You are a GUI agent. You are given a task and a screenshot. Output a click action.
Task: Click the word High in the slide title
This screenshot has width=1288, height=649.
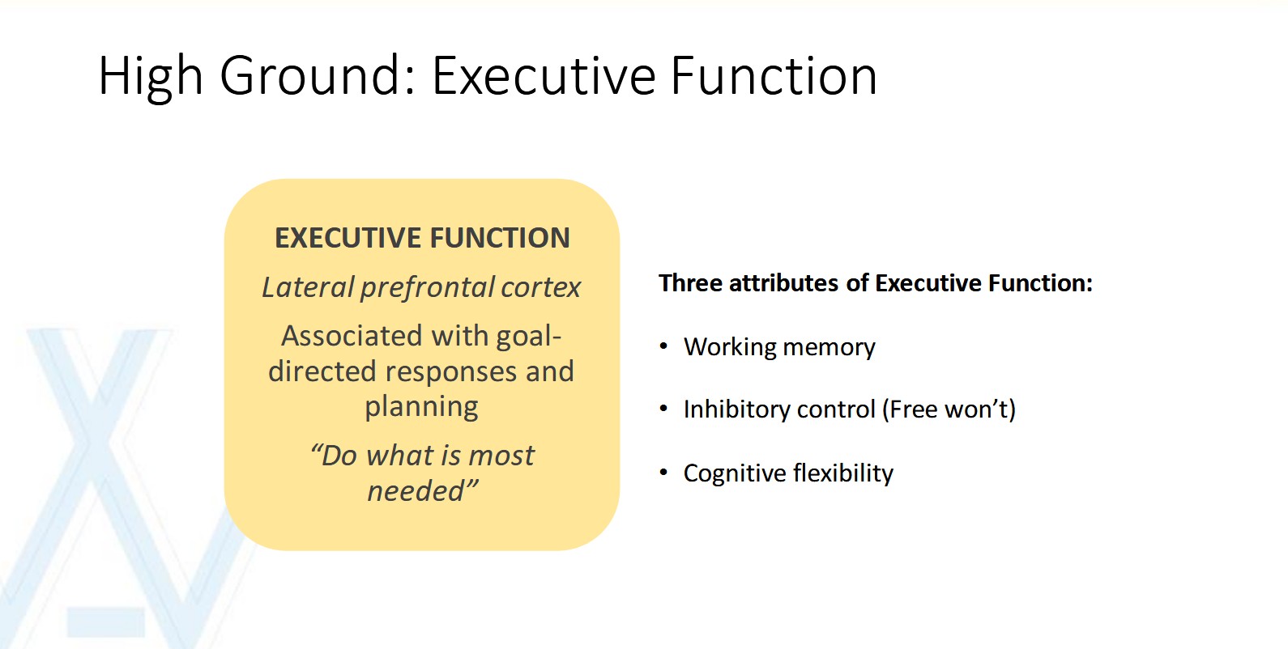tap(150, 77)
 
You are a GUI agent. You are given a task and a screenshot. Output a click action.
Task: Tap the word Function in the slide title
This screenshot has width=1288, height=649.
tap(774, 77)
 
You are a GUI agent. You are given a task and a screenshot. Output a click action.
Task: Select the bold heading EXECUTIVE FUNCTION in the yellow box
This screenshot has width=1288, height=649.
tap(422, 238)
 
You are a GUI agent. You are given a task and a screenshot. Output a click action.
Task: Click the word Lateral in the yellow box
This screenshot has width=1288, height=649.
tap(308, 287)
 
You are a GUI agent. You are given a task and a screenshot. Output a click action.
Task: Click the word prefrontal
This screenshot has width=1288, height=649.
tap(428, 288)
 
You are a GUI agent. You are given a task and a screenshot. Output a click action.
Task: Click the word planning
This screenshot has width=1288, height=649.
tap(421, 407)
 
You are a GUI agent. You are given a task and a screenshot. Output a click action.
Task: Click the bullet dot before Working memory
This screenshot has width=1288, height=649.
tap(663, 346)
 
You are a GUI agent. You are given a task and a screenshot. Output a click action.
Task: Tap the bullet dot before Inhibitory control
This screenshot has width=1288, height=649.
tap(663, 409)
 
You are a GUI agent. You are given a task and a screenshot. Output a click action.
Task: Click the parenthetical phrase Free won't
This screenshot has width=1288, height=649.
tap(949, 409)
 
